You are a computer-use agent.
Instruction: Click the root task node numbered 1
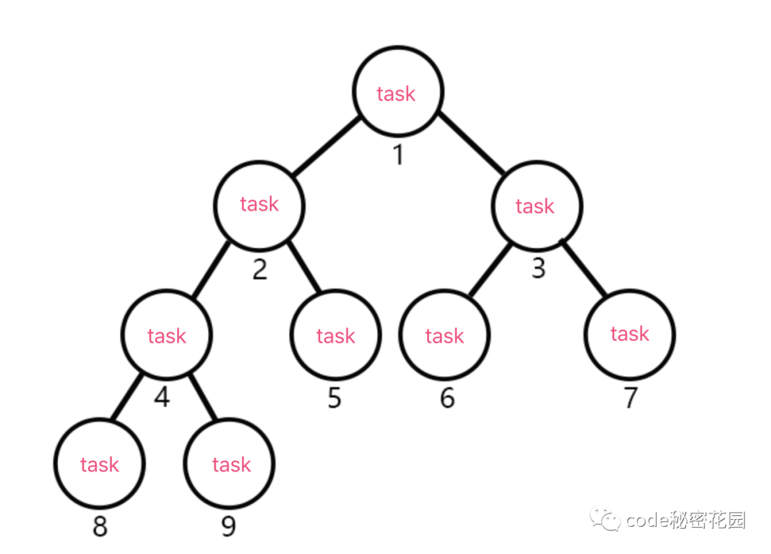(x=398, y=92)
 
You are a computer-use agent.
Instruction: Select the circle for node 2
(x=259, y=204)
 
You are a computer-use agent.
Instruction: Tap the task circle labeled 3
(x=536, y=206)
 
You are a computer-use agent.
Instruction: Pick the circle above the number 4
(x=166, y=335)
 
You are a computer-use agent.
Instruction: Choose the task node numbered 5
(x=336, y=335)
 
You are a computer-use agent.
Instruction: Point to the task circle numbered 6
(x=444, y=335)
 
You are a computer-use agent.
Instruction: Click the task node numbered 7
(x=629, y=333)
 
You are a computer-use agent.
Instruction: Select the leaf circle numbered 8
(x=99, y=464)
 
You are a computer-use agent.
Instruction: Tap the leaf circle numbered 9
(x=231, y=464)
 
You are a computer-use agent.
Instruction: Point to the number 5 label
(x=335, y=398)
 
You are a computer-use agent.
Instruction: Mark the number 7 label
(x=630, y=398)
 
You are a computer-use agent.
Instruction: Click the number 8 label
(x=100, y=528)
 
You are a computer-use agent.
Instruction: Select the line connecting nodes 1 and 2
(x=326, y=147)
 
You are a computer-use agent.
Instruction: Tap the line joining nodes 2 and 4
(x=210, y=271)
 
